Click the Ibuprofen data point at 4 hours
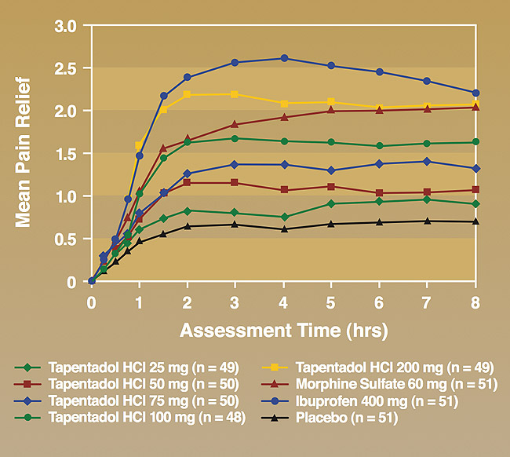click(284, 58)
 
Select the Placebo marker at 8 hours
click(475, 221)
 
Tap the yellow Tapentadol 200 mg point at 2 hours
click(188, 94)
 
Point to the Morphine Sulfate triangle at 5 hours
click(331, 111)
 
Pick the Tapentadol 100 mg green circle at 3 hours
click(235, 138)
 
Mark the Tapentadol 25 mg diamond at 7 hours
click(427, 199)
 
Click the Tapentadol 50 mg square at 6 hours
click(379, 192)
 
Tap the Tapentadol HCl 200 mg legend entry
click(373, 367)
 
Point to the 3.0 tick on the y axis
click(66, 26)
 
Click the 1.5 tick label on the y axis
click(66, 154)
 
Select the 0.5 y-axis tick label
click(66, 239)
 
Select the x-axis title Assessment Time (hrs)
click(283, 330)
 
